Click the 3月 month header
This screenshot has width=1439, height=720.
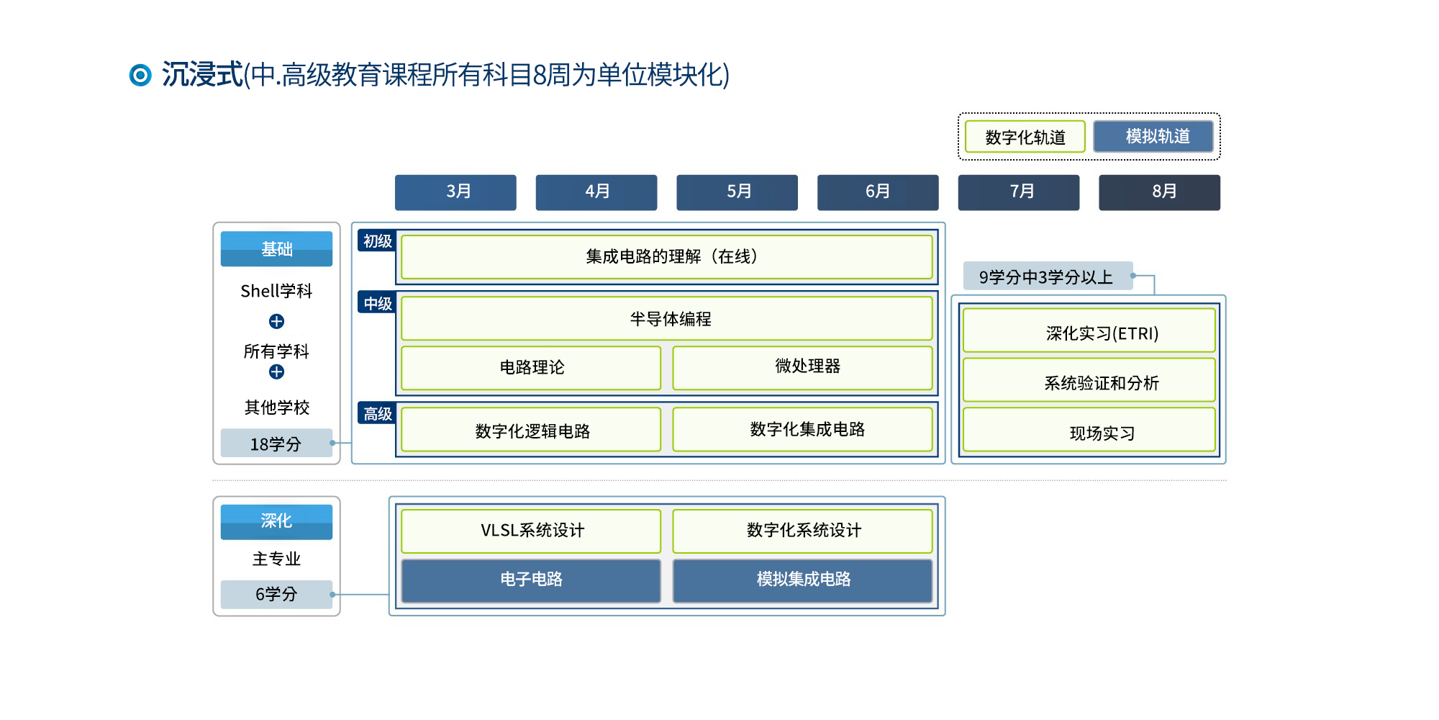click(455, 192)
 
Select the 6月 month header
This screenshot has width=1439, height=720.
click(878, 192)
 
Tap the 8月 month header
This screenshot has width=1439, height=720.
click(1159, 192)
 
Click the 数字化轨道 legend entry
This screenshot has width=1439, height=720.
click(1025, 137)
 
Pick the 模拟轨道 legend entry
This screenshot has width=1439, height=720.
click(1153, 136)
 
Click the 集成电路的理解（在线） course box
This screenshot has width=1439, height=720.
click(667, 257)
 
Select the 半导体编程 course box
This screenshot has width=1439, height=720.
click(667, 318)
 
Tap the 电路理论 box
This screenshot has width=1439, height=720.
click(531, 368)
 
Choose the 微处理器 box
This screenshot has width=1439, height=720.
click(803, 368)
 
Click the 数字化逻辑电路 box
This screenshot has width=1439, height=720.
click(531, 430)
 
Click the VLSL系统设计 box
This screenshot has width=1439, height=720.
click(531, 531)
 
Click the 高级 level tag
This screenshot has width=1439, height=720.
click(377, 413)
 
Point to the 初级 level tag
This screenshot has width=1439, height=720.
click(377, 241)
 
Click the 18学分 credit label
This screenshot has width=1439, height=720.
click(276, 444)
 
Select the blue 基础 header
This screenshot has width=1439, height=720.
click(276, 249)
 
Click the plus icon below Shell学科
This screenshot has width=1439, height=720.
click(276, 321)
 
